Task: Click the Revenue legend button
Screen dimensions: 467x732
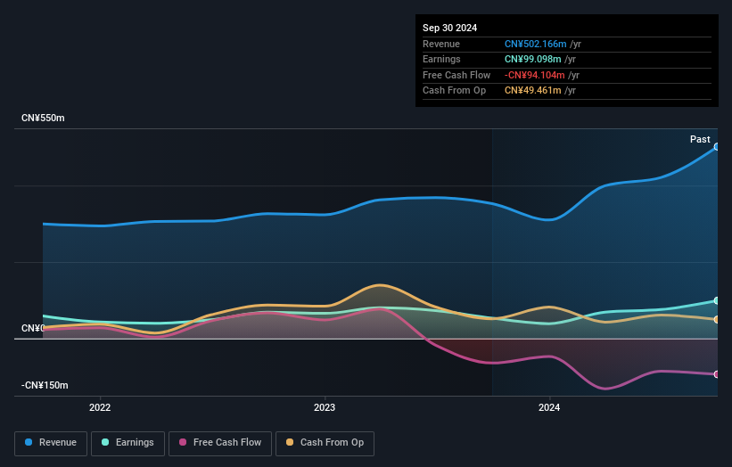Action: click(51, 443)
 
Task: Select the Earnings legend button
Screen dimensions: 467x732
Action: click(127, 443)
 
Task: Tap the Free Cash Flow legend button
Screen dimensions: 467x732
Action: click(220, 443)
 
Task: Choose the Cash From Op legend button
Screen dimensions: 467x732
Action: click(325, 443)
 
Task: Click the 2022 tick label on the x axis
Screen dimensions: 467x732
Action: click(100, 408)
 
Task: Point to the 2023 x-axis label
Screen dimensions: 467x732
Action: click(325, 408)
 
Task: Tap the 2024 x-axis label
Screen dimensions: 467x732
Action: click(549, 408)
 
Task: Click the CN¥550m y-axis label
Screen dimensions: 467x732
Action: click(43, 118)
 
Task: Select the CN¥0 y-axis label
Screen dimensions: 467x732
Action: click(32, 329)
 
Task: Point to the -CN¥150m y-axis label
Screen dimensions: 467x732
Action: click(45, 385)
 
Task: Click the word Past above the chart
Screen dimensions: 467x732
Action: click(700, 139)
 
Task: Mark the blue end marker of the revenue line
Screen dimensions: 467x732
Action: click(717, 147)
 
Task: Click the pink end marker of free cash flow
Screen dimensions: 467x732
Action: click(717, 374)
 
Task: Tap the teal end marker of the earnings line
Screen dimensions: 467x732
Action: click(717, 300)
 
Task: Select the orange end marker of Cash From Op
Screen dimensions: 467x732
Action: click(717, 319)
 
